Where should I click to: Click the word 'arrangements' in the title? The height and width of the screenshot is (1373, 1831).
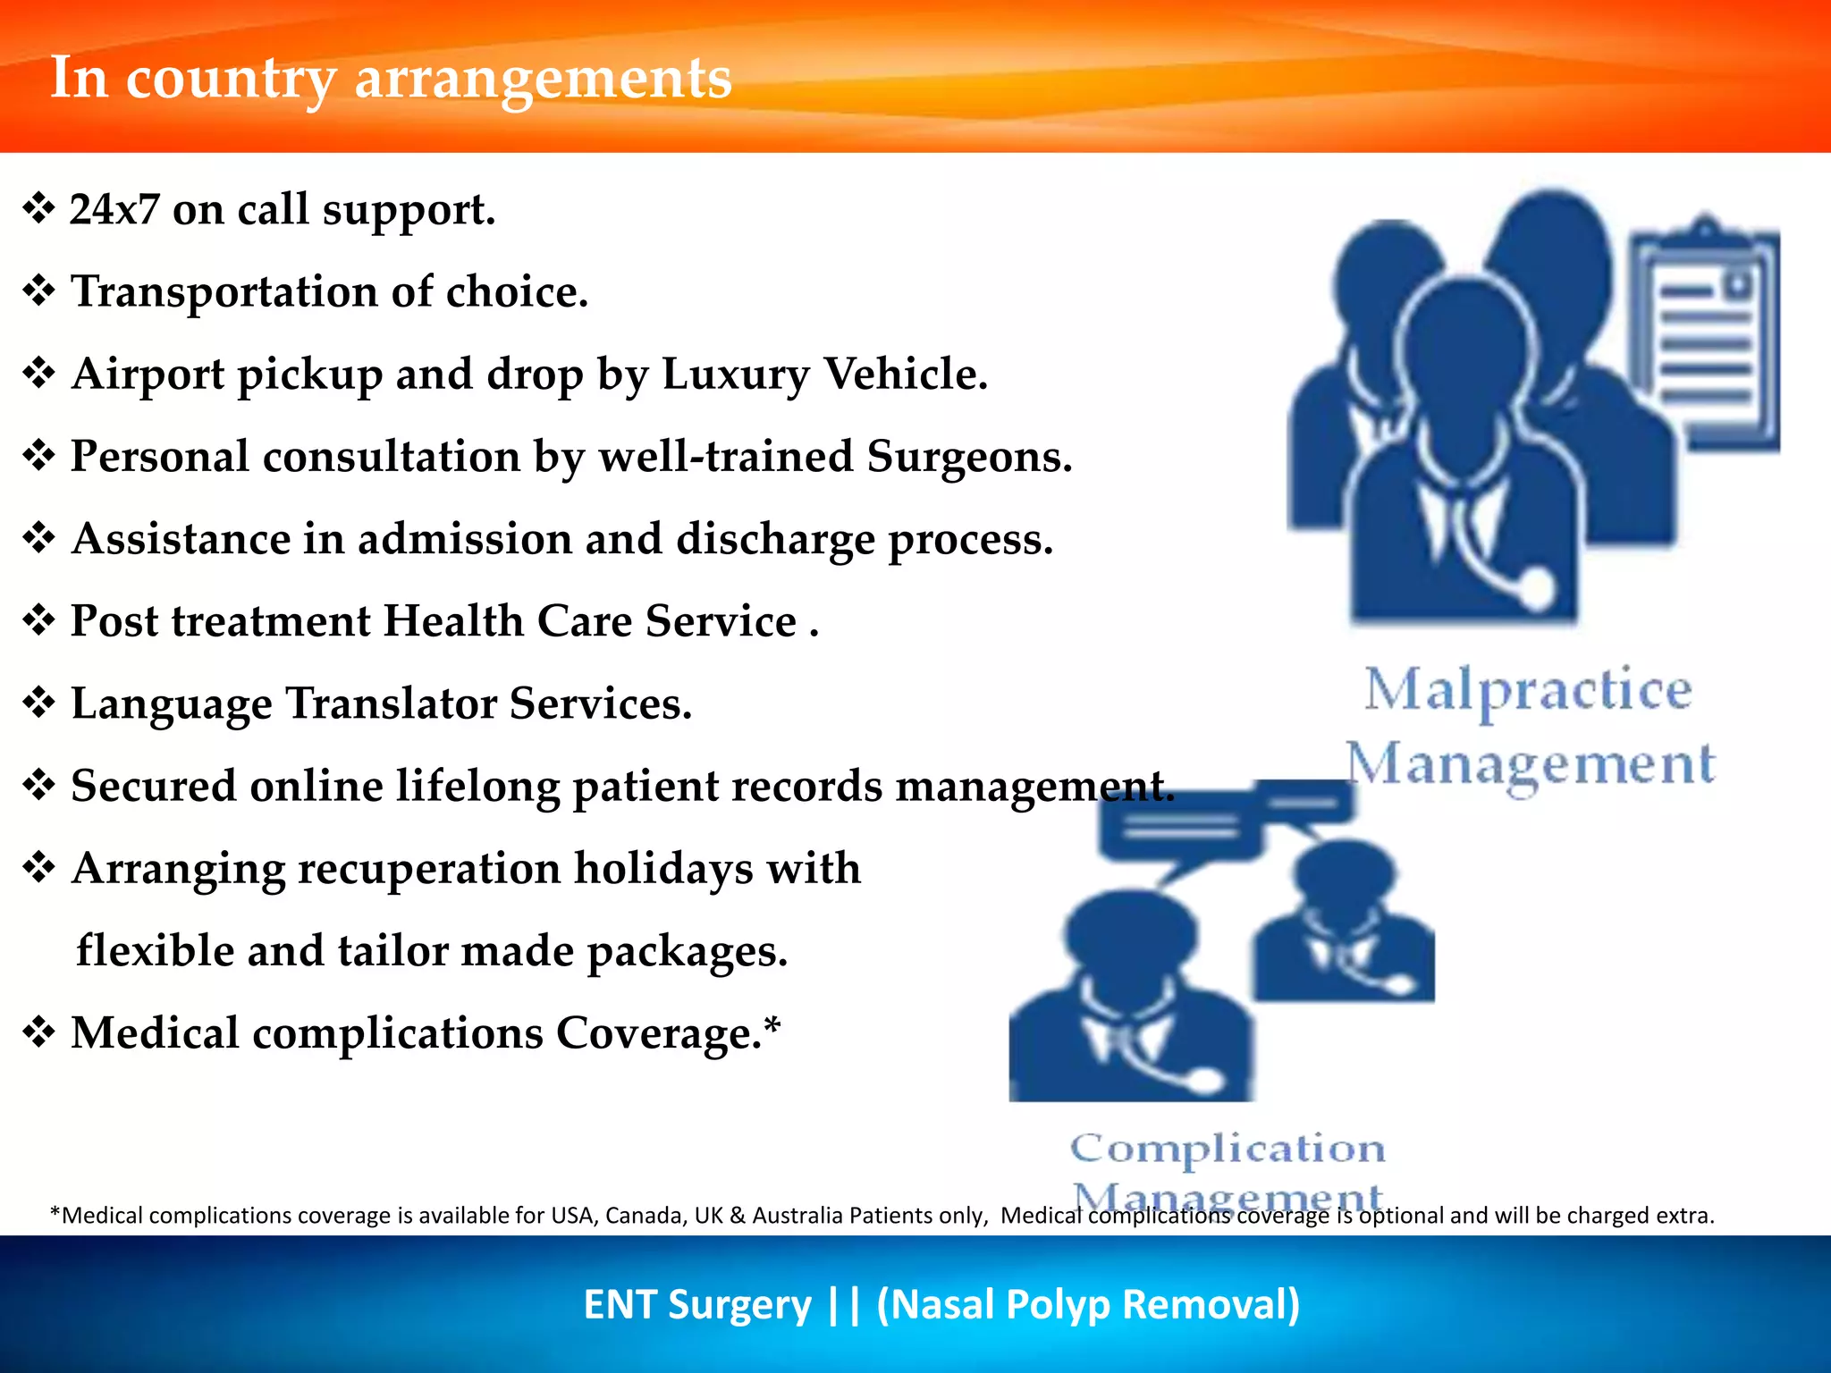coord(543,79)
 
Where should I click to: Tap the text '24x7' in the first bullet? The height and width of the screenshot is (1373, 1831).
coord(114,210)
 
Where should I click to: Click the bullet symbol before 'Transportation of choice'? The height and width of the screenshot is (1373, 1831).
coord(39,291)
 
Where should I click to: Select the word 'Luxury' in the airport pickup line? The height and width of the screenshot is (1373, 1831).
coord(735,375)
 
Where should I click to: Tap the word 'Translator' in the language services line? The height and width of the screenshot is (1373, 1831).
coord(391,703)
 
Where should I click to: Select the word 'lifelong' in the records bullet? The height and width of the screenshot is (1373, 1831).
coord(477,787)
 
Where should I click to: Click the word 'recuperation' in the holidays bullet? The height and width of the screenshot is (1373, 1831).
coord(428,869)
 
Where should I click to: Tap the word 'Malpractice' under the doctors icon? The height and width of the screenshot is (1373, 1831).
coord(1527,691)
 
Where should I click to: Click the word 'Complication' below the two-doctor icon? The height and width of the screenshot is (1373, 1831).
coord(1228,1149)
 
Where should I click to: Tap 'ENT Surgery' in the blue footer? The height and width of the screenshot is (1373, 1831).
coord(696,1304)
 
